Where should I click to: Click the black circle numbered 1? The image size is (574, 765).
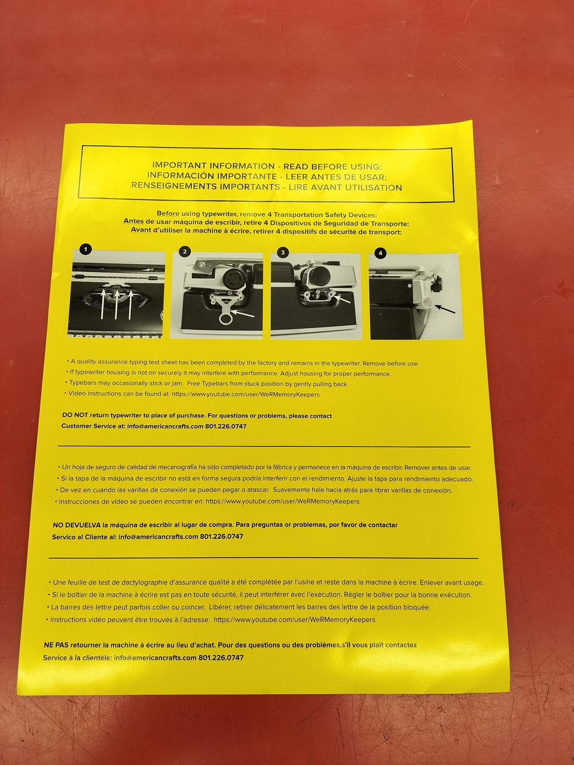(86, 250)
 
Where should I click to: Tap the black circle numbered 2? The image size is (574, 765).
(185, 251)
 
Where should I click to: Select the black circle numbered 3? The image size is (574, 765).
(283, 252)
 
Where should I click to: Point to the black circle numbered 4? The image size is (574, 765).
(380, 253)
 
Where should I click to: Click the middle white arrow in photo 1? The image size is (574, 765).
(117, 304)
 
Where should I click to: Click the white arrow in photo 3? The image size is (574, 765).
(343, 298)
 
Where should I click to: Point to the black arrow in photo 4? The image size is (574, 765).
(445, 308)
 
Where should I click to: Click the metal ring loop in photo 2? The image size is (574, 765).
(226, 319)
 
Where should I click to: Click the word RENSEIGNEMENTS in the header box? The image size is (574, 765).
(173, 185)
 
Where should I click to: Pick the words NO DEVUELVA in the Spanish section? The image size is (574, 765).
(77, 525)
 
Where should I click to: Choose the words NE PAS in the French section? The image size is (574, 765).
(56, 645)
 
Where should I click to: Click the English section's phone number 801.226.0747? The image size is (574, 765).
(226, 426)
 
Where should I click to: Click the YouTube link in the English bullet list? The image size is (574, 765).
(245, 394)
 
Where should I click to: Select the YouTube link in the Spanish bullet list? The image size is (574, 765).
(282, 501)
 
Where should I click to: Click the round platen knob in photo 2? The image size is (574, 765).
(233, 278)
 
